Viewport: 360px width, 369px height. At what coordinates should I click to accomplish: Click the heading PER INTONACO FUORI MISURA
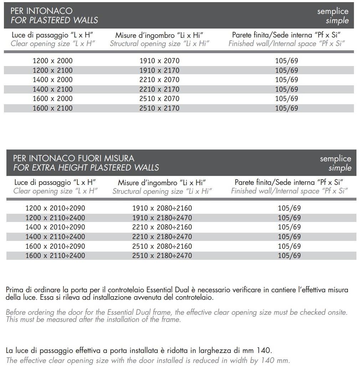(x=73, y=158)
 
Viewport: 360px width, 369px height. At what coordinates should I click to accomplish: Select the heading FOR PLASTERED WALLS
(x=54, y=20)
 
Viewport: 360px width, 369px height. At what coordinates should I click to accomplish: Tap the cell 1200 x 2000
(x=52, y=61)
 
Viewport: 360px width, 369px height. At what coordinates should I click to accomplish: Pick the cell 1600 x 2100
(x=52, y=108)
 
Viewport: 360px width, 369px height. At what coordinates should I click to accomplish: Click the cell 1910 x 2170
(x=159, y=71)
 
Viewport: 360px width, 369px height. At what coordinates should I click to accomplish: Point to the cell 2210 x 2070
(x=159, y=80)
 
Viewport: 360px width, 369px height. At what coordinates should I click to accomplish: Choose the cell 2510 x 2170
(x=159, y=108)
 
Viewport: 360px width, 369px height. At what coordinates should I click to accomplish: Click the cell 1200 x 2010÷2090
(x=55, y=208)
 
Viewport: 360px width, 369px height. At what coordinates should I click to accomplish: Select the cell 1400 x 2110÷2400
(x=55, y=237)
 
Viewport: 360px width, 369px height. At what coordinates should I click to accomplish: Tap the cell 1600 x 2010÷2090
(x=55, y=247)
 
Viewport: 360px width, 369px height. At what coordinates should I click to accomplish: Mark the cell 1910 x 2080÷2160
(x=162, y=208)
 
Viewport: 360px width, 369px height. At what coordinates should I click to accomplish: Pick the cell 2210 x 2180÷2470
(x=162, y=237)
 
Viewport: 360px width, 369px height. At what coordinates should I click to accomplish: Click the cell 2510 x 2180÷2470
(x=162, y=256)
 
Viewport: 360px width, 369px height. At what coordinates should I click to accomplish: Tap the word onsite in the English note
(x=337, y=313)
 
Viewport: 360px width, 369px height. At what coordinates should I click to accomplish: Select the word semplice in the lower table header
(x=335, y=159)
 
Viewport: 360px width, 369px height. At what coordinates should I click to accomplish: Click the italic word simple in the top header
(x=337, y=21)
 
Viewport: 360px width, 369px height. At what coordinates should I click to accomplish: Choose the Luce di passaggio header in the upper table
(x=53, y=35)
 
